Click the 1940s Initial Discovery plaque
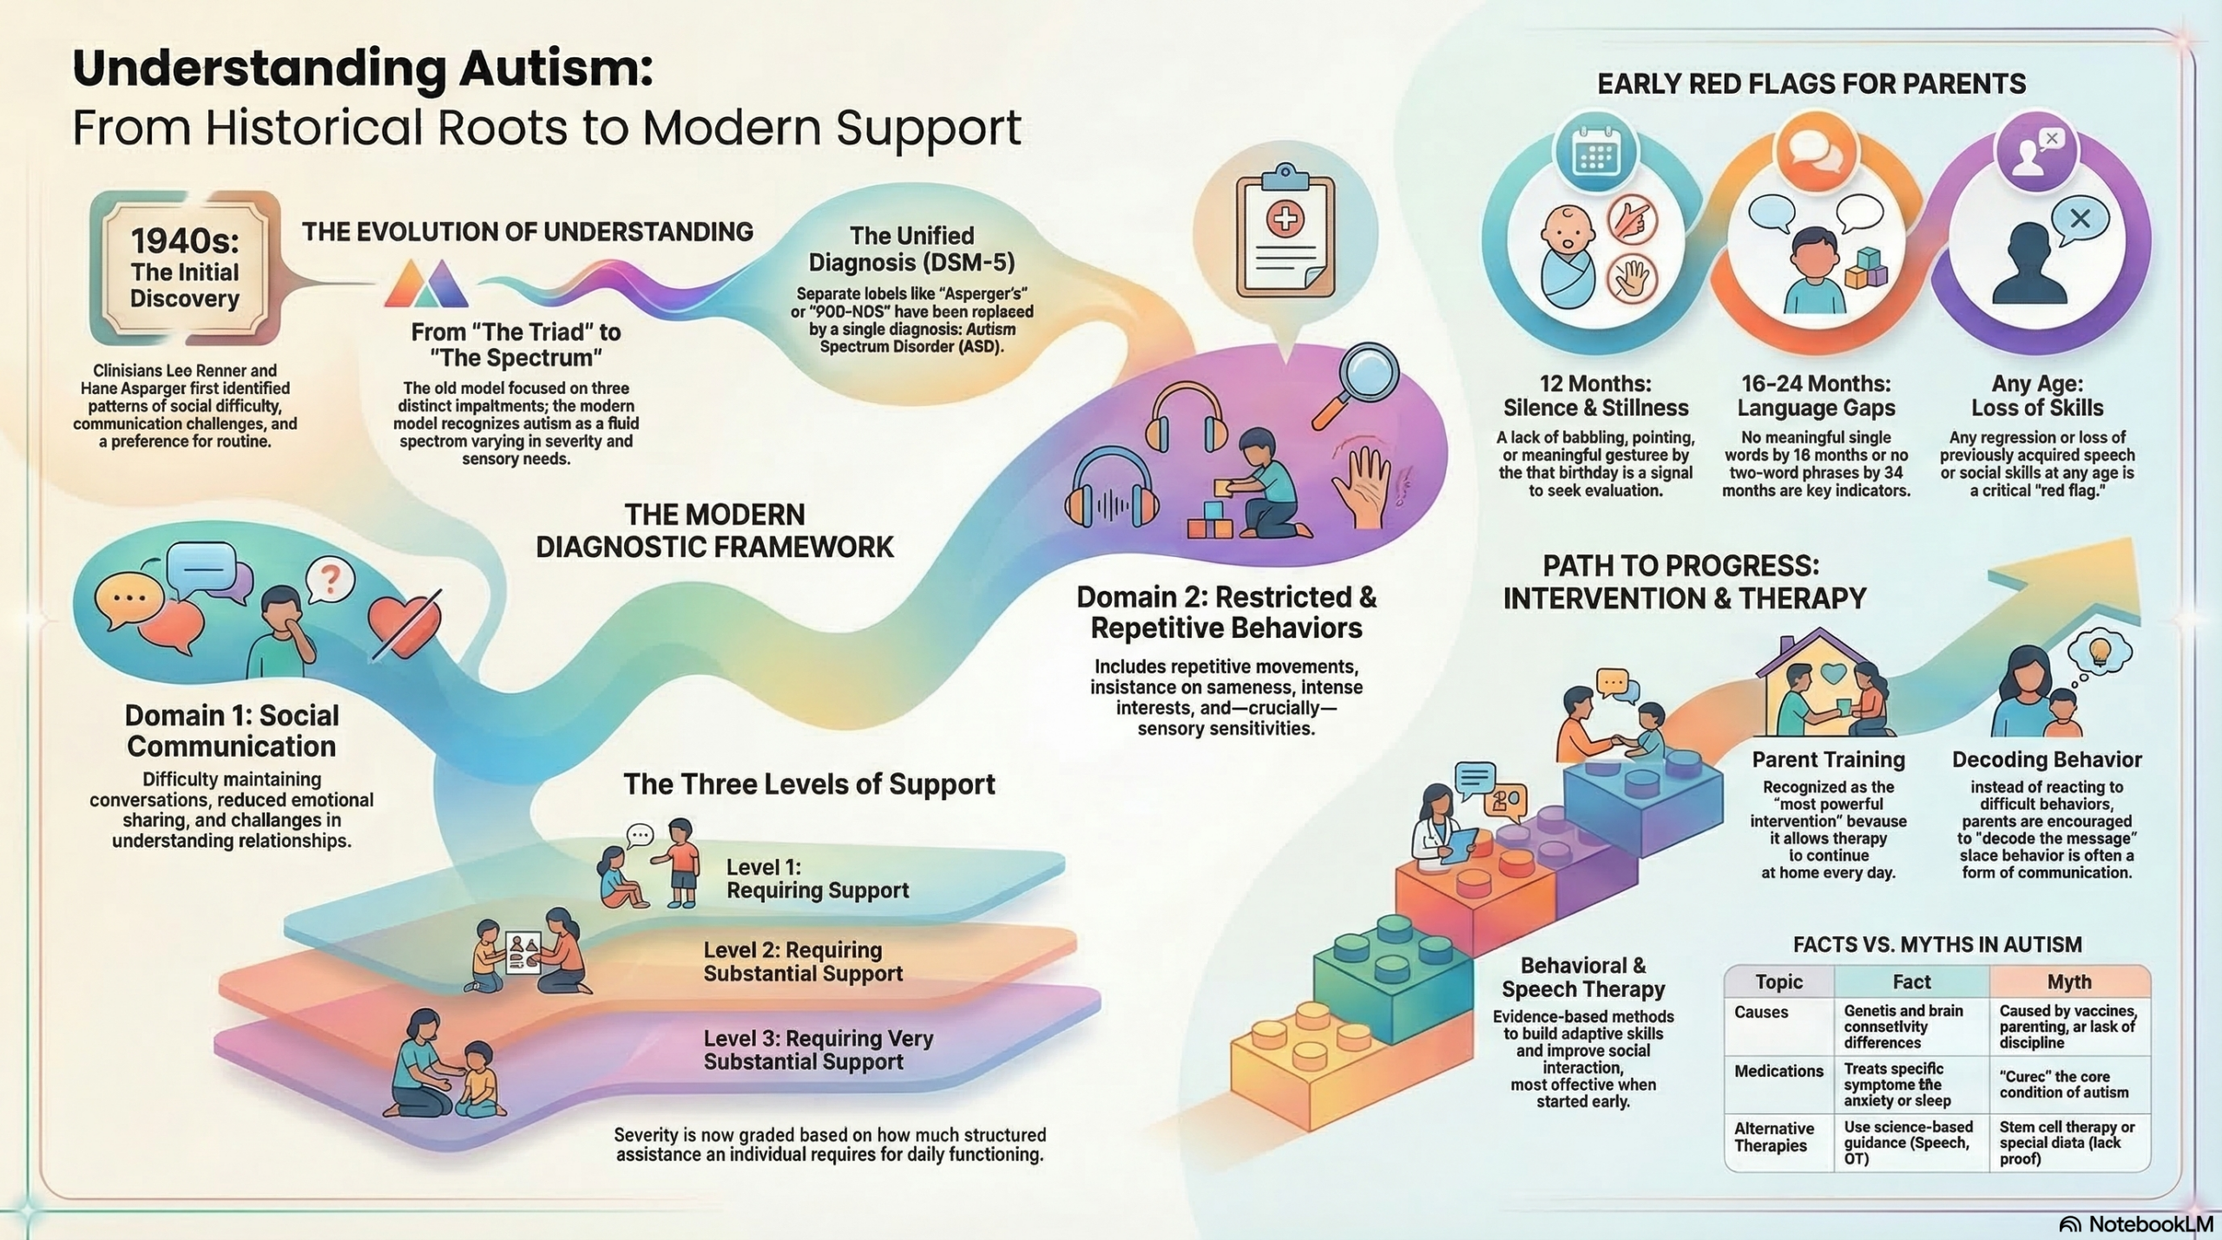tap(185, 269)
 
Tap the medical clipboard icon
tap(1285, 235)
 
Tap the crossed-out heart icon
tap(404, 623)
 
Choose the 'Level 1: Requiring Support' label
tap(817, 878)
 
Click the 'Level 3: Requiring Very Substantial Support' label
tap(818, 1049)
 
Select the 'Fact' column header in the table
tap(1911, 981)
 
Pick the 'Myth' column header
tap(2069, 981)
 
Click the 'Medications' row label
tap(1778, 1071)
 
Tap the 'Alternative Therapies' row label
tap(1774, 1137)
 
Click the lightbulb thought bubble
tap(2099, 651)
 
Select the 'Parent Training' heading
tap(1828, 759)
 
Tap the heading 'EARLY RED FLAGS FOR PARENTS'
tap(1811, 84)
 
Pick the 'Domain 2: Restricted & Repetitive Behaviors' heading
tap(1226, 612)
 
